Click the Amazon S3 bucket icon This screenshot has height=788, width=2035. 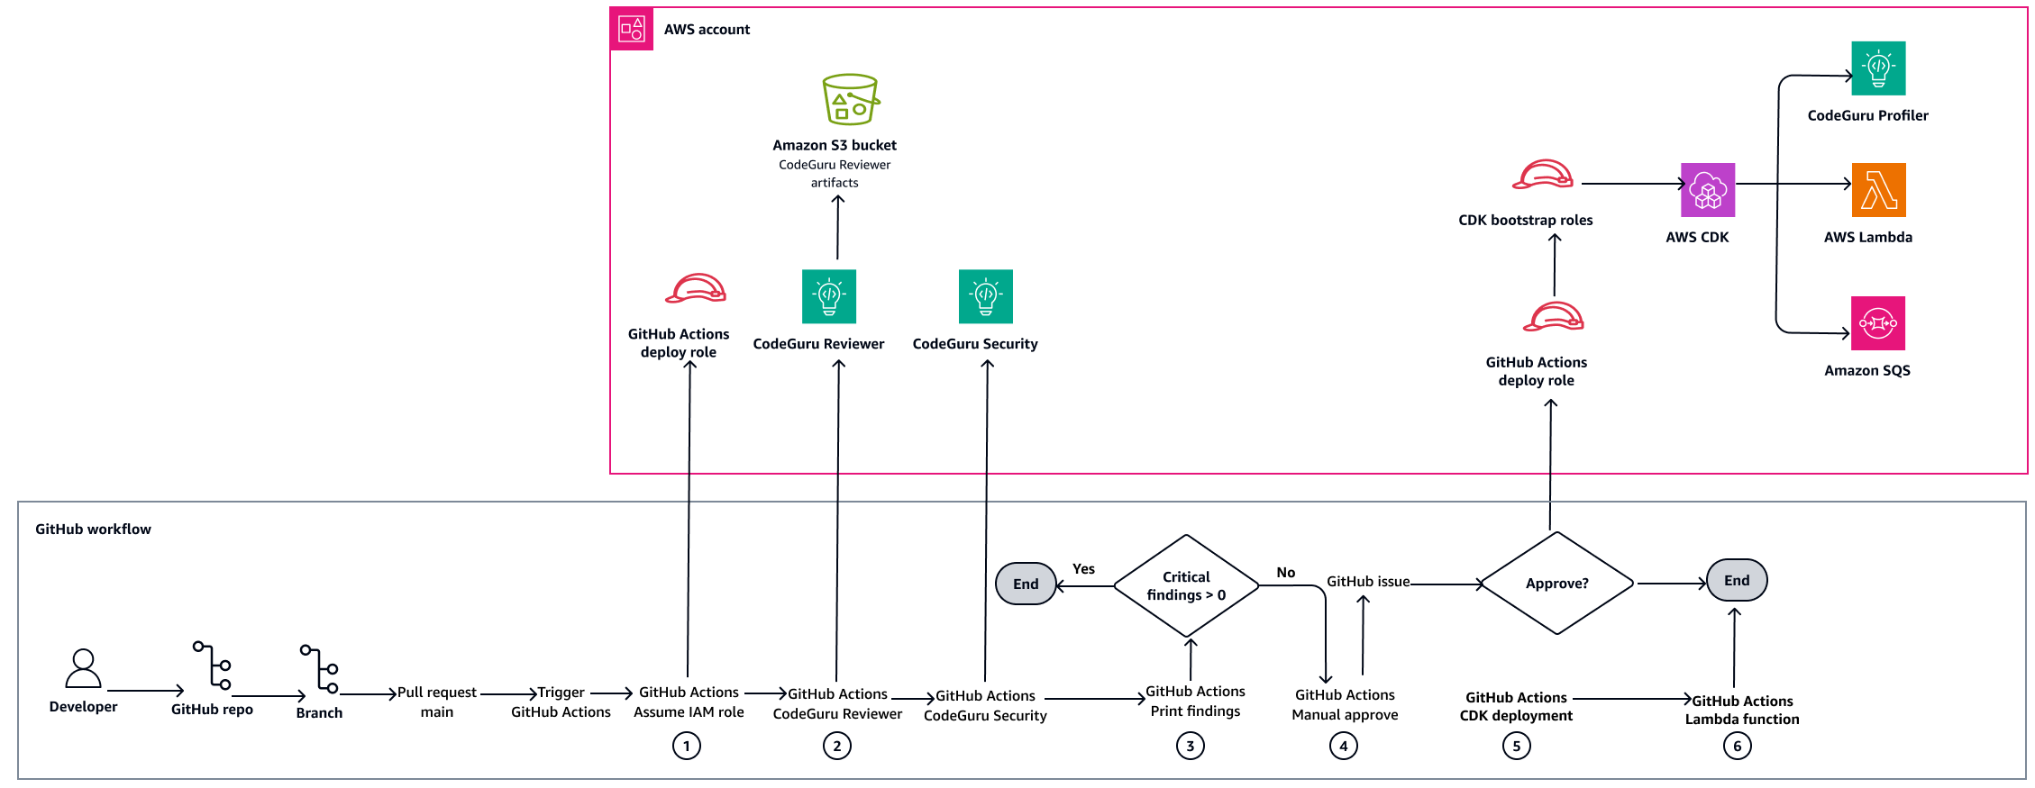click(850, 100)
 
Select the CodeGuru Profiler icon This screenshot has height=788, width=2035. click(1878, 68)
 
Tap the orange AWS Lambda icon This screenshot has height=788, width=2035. click(1878, 190)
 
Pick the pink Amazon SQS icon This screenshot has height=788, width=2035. click(1877, 323)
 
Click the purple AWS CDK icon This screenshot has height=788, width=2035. click(1708, 190)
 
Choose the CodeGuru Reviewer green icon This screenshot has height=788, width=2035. click(828, 296)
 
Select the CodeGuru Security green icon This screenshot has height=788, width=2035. click(985, 296)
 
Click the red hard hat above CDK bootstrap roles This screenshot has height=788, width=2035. click(1543, 175)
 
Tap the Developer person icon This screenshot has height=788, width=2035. click(83, 669)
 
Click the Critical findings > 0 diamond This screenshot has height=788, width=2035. click(1186, 585)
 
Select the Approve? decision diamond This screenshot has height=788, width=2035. click(1556, 584)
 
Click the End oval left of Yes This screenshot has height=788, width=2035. click(1026, 584)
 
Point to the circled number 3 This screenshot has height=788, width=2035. click(1190, 746)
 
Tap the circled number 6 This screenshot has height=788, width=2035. click(1737, 746)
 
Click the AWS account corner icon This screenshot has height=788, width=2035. click(631, 29)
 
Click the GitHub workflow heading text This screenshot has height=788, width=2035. click(93, 530)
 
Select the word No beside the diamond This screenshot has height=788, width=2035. click(1285, 573)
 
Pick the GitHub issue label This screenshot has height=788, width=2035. click(1367, 582)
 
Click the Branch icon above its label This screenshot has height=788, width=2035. click(320, 669)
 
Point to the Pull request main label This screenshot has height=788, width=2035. click(437, 702)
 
